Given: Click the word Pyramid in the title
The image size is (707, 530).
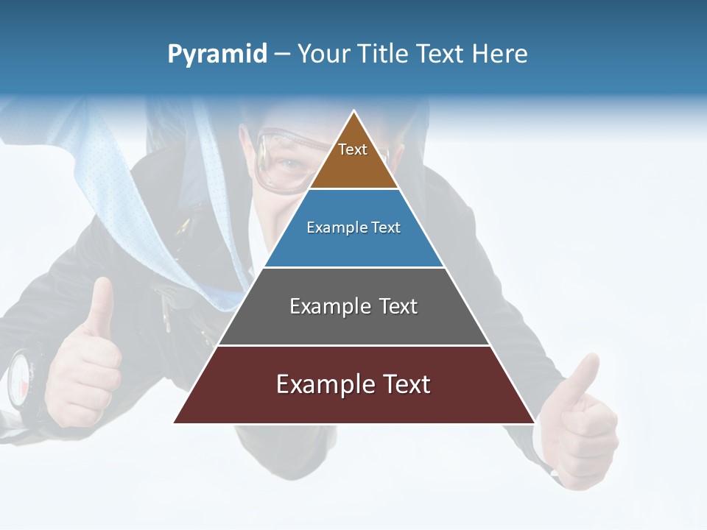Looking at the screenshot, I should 217,54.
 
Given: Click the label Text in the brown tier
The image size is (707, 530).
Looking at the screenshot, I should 353,149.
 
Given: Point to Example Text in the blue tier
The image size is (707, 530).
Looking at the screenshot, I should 353,227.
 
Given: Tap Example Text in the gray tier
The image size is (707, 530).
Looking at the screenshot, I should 353,306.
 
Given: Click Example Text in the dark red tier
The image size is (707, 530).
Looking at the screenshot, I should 353,384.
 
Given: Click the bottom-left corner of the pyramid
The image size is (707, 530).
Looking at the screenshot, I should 174,423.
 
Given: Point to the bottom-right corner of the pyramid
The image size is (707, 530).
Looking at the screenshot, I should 535,423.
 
